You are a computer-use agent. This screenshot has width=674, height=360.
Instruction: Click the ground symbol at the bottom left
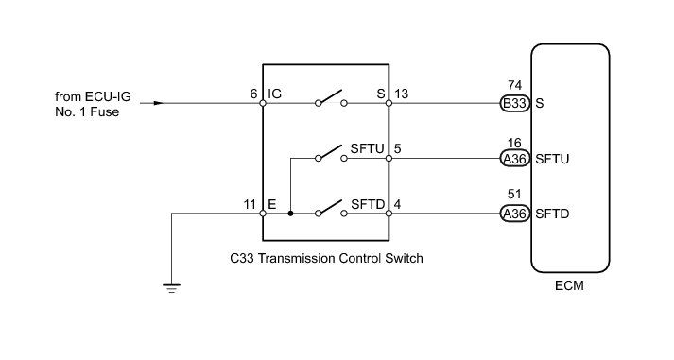pyautogui.click(x=171, y=288)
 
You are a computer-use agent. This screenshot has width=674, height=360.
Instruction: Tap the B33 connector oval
pyautogui.click(x=514, y=104)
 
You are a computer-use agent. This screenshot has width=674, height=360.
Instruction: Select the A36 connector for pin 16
pyautogui.click(x=514, y=159)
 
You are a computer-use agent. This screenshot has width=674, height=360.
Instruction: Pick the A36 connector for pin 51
pyautogui.click(x=514, y=214)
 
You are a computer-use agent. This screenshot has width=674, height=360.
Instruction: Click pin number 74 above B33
pyautogui.click(x=514, y=85)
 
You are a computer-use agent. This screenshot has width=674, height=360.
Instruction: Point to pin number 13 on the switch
pyautogui.click(x=401, y=94)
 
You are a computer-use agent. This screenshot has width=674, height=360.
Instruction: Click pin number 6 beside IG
pyautogui.click(x=253, y=94)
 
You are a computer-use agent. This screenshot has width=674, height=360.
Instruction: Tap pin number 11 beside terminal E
pyautogui.click(x=250, y=204)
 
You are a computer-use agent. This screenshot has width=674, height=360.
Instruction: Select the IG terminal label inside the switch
pyautogui.click(x=275, y=94)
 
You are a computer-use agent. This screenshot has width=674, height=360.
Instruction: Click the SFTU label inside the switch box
pyautogui.click(x=367, y=148)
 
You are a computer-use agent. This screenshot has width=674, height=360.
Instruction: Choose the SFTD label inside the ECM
pyautogui.click(x=552, y=214)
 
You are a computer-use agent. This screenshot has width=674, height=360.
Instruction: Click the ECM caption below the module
pyautogui.click(x=569, y=285)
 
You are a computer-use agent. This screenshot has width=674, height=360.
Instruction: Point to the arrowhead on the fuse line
pyautogui.click(x=159, y=103)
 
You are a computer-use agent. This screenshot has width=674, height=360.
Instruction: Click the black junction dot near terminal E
pyautogui.click(x=290, y=214)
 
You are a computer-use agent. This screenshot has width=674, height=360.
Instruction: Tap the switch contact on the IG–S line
pyautogui.click(x=331, y=98)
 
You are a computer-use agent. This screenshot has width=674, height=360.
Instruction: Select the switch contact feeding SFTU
pyautogui.click(x=331, y=153)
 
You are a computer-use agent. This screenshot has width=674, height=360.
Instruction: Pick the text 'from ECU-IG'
pyautogui.click(x=93, y=96)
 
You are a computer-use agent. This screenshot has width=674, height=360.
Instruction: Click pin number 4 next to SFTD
pyautogui.click(x=397, y=204)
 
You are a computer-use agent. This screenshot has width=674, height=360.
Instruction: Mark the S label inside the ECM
pyautogui.click(x=540, y=104)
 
